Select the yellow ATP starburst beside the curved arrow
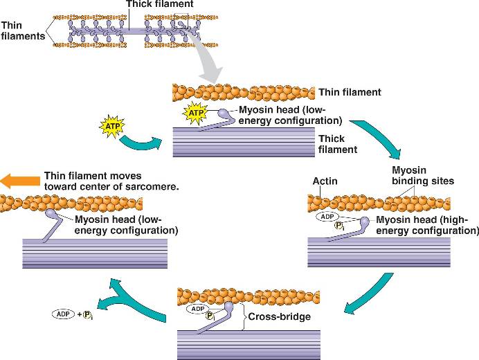[x=112, y=127]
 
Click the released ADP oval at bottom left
[x=64, y=314]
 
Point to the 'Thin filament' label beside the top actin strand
[x=350, y=92]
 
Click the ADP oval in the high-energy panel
[x=327, y=217]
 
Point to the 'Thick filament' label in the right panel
[x=337, y=144]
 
